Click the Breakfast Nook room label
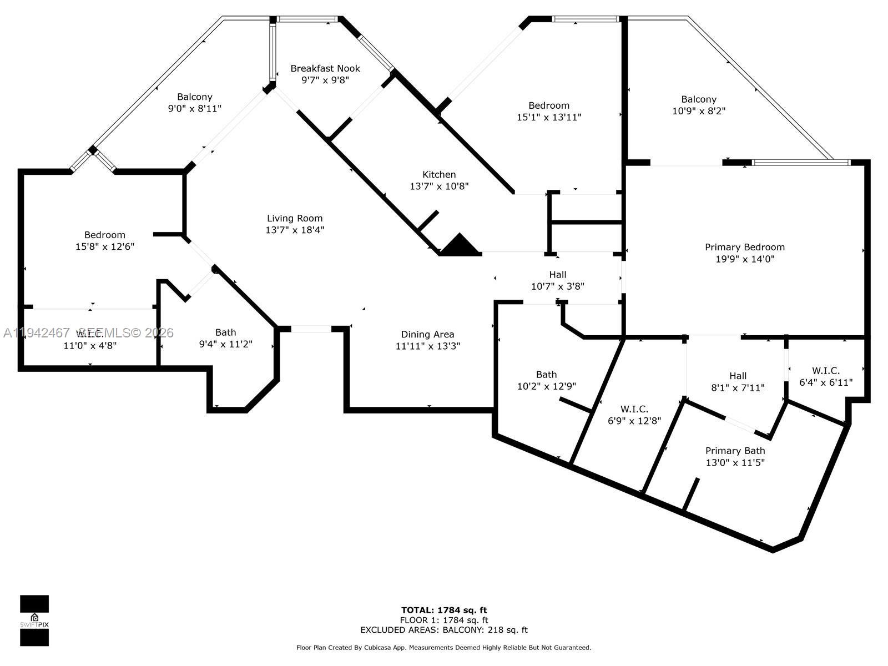pos(325,69)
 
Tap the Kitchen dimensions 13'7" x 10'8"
pos(439,186)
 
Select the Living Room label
pos(295,219)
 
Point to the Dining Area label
pos(427,335)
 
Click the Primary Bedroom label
pos(745,248)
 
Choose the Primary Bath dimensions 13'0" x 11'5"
pos(735,463)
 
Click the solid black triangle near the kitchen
pos(460,246)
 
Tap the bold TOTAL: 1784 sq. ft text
pos(443,610)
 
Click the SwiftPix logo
pos(34,620)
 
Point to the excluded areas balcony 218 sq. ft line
pos(443,630)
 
